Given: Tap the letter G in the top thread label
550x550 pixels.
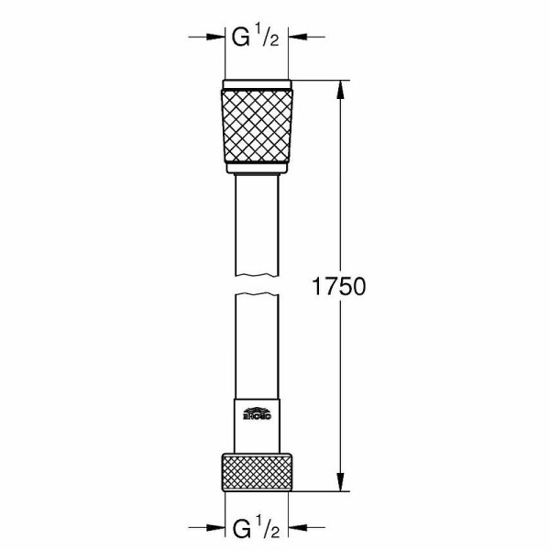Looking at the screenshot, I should pyautogui.click(x=240, y=38).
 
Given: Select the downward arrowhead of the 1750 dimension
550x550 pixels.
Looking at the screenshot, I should pyautogui.click(x=342, y=485).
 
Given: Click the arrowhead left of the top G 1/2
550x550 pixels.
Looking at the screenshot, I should pyautogui.click(x=219, y=38).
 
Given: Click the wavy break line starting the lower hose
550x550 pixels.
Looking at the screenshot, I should pyautogui.click(x=258, y=294).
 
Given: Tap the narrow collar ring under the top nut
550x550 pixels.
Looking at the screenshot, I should pyautogui.click(x=258, y=170).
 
